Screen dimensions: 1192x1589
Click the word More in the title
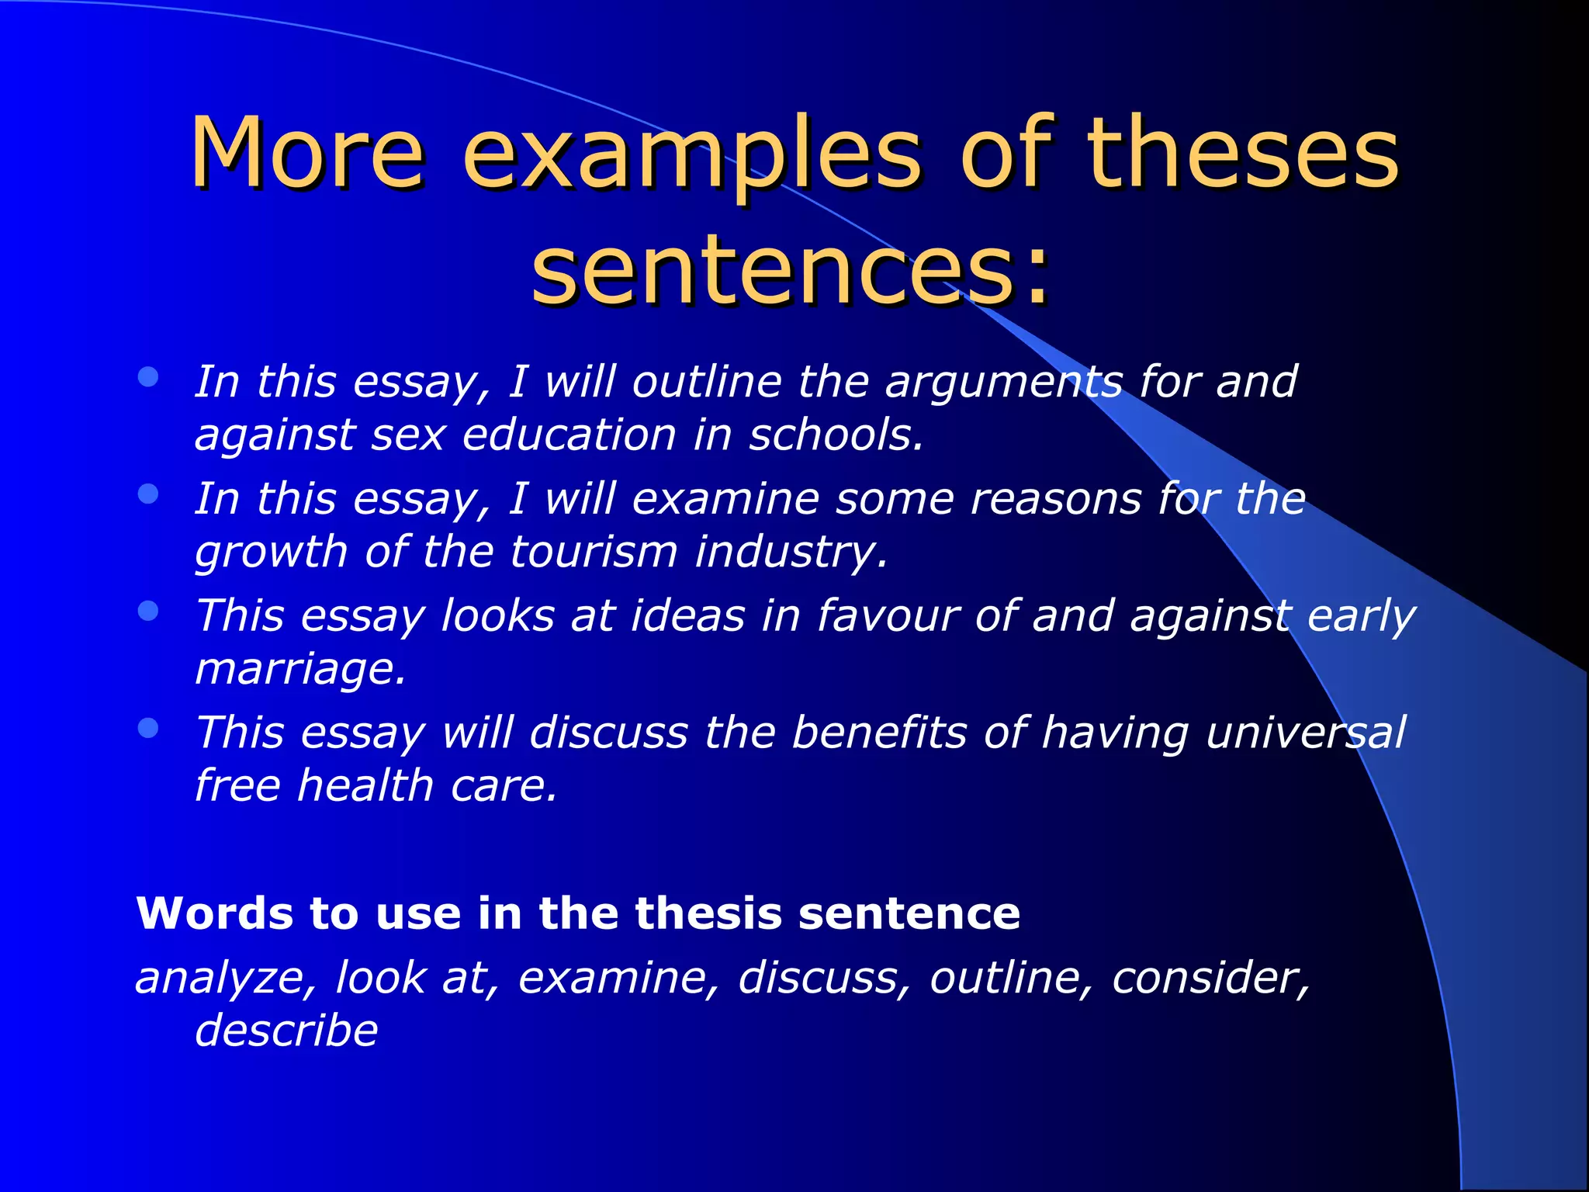click(307, 152)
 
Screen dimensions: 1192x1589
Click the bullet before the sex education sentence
click(148, 378)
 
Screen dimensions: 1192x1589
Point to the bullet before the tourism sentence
click(148, 494)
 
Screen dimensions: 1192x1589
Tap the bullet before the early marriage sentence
click(148, 612)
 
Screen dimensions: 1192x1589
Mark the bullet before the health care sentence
click(148, 728)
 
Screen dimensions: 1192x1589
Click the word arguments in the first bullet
click(1004, 383)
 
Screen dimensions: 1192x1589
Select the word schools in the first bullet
click(835, 435)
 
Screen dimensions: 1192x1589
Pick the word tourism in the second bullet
click(594, 552)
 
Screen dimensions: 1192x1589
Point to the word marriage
click(299, 669)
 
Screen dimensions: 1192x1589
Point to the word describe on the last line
click(286, 1031)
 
